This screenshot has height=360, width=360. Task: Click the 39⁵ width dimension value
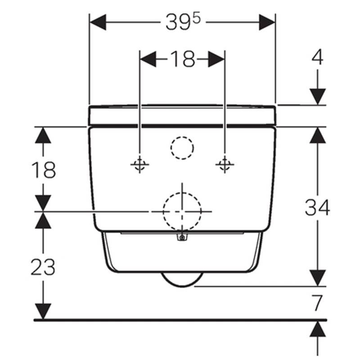183,22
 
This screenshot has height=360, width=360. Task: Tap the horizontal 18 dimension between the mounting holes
183,59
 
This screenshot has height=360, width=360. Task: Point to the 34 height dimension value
317,207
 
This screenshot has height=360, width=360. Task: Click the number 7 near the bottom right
317,302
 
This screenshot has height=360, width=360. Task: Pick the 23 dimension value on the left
43,267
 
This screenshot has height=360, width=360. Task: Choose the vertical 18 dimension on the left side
43,170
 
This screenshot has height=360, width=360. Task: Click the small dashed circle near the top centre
182,148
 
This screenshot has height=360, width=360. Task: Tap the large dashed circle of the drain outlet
182,211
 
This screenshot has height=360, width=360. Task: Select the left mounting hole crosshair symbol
139,164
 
